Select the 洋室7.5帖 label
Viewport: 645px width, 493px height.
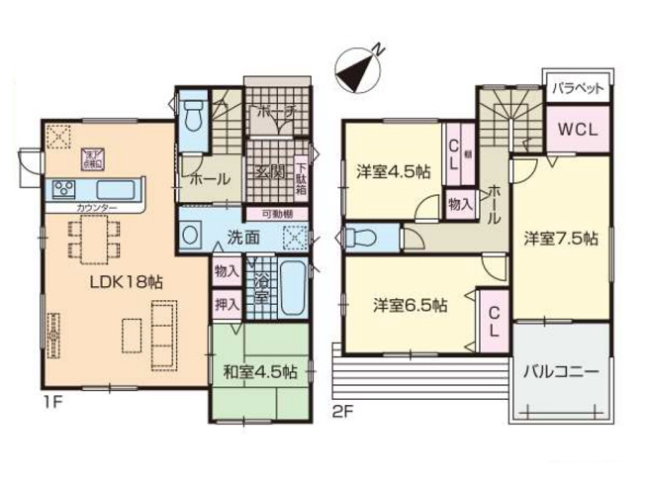tap(560, 239)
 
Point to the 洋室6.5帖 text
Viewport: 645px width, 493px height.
tap(410, 304)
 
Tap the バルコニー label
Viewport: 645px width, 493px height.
tap(560, 373)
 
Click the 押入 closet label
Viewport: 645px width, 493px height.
tap(227, 304)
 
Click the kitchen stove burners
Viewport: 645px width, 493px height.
tap(60, 187)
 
